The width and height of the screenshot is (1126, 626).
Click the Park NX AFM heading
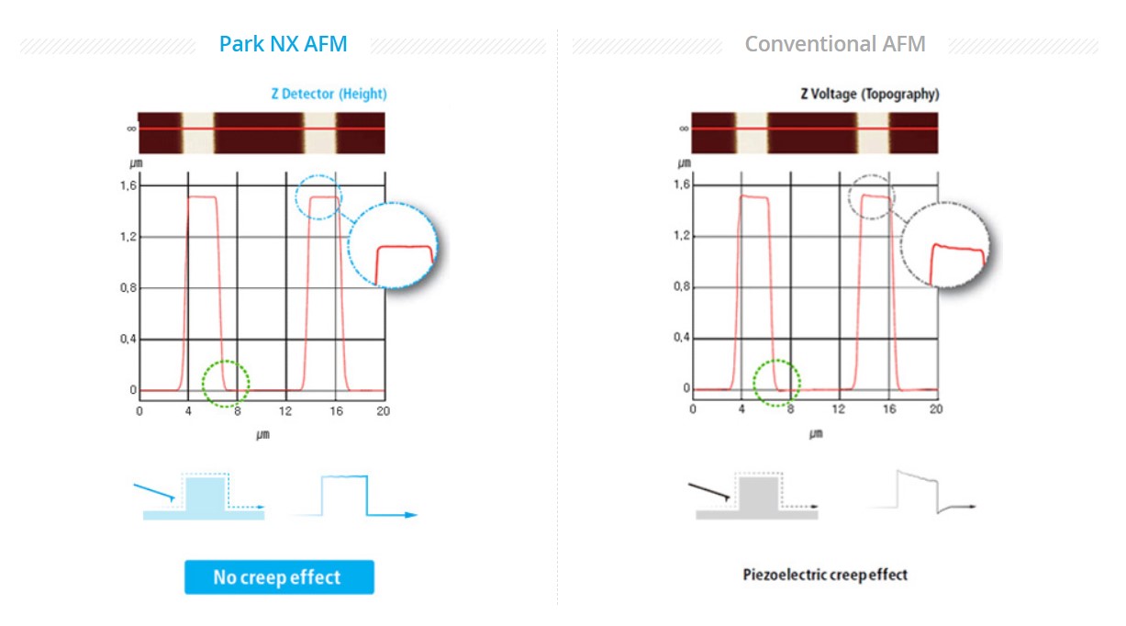click(283, 44)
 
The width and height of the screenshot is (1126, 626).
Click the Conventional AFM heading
click(834, 44)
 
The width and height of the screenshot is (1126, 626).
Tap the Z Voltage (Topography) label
click(869, 94)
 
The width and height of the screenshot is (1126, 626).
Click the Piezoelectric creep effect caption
click(825, 576)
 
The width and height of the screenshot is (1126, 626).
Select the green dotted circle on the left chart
click(226, 383)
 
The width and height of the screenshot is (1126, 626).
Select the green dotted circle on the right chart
click(777, 383)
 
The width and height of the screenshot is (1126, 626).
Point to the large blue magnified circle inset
click(393, 245)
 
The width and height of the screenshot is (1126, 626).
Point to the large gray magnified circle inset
click(945, 245)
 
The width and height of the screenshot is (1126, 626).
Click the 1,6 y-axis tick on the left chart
click(128, 185)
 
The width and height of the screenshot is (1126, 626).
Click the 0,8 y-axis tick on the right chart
click(680, 287)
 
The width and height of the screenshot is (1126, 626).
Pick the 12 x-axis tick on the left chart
click(286, 411)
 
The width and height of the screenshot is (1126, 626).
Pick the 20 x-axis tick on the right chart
click(935, 409)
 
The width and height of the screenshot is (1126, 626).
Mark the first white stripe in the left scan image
click(197, 132)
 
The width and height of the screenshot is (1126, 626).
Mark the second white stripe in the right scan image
click(872, 132)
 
